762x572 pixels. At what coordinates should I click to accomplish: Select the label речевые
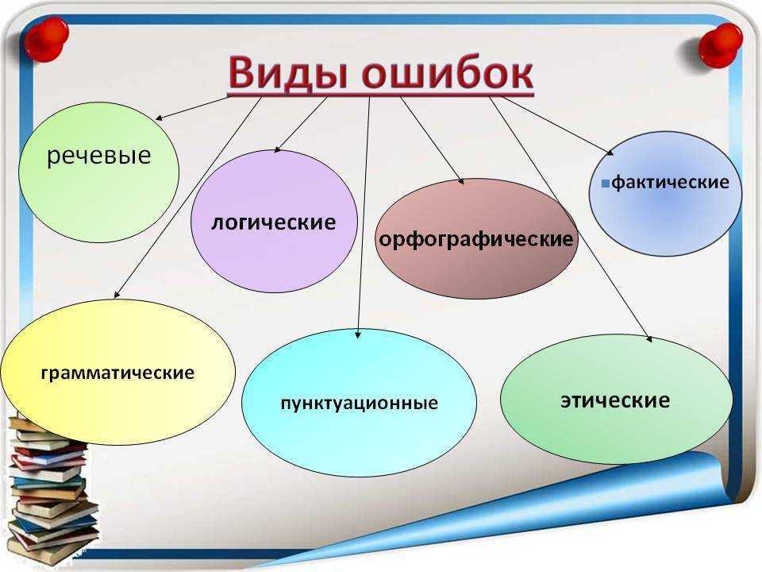point(98,156)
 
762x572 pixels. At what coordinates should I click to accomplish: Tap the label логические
point(274,222)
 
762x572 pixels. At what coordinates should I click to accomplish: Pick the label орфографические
point(475,239)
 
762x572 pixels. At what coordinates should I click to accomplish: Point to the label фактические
point(670,183)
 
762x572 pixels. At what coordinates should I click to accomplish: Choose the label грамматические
point(117,373)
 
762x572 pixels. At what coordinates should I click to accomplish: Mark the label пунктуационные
point(359,404)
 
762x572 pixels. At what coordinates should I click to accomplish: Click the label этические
point(615,400)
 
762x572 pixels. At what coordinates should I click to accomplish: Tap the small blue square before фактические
point(606,184)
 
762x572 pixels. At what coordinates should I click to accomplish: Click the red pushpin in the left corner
point(46,40)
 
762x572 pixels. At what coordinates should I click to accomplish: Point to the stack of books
point(51,491)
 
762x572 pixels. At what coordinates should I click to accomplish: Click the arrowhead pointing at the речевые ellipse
point(159,118)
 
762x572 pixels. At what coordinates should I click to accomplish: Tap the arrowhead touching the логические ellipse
point(278,149)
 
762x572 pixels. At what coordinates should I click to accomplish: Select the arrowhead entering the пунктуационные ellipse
point(358,334)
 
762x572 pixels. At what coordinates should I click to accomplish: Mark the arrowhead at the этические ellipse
point(649,339)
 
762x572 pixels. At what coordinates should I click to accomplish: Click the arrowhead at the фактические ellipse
point(610,153)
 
